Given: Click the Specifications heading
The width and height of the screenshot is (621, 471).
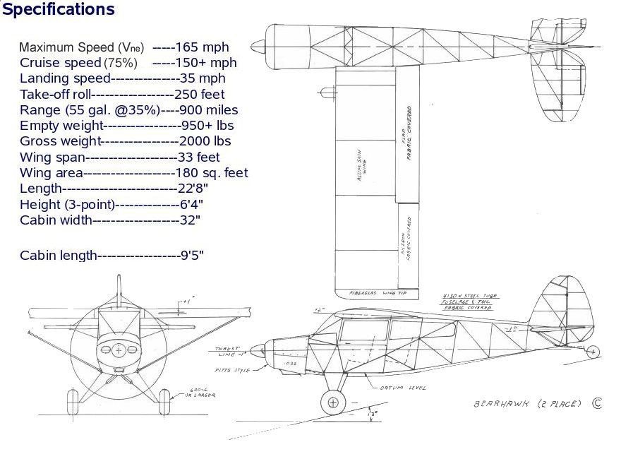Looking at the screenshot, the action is click(x=58, y=9).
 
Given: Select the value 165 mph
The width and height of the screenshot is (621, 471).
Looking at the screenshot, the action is click(x=202, y=47).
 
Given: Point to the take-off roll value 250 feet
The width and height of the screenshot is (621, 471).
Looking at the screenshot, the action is click(x=200, y=94).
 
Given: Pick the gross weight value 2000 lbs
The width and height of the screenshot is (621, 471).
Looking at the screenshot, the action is click(x=205, y=141).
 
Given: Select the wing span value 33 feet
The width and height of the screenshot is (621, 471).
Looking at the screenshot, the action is click(x=198, y=157).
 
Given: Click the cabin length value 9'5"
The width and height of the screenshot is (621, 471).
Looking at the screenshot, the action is click(x=192, y=256).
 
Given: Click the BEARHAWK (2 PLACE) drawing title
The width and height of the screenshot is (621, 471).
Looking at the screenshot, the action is click(x=527, y=404).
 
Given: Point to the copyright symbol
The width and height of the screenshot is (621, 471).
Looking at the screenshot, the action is click(x=597, y=403).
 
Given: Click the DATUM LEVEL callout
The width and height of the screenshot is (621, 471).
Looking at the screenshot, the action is click(x=403, y=388).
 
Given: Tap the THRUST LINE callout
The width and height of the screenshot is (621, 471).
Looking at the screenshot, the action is click(x=227, y=351).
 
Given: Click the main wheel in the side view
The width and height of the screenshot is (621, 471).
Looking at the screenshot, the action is click(x=330, y=403).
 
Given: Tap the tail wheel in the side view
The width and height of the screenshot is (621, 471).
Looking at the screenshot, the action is click(x=593, y=351).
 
